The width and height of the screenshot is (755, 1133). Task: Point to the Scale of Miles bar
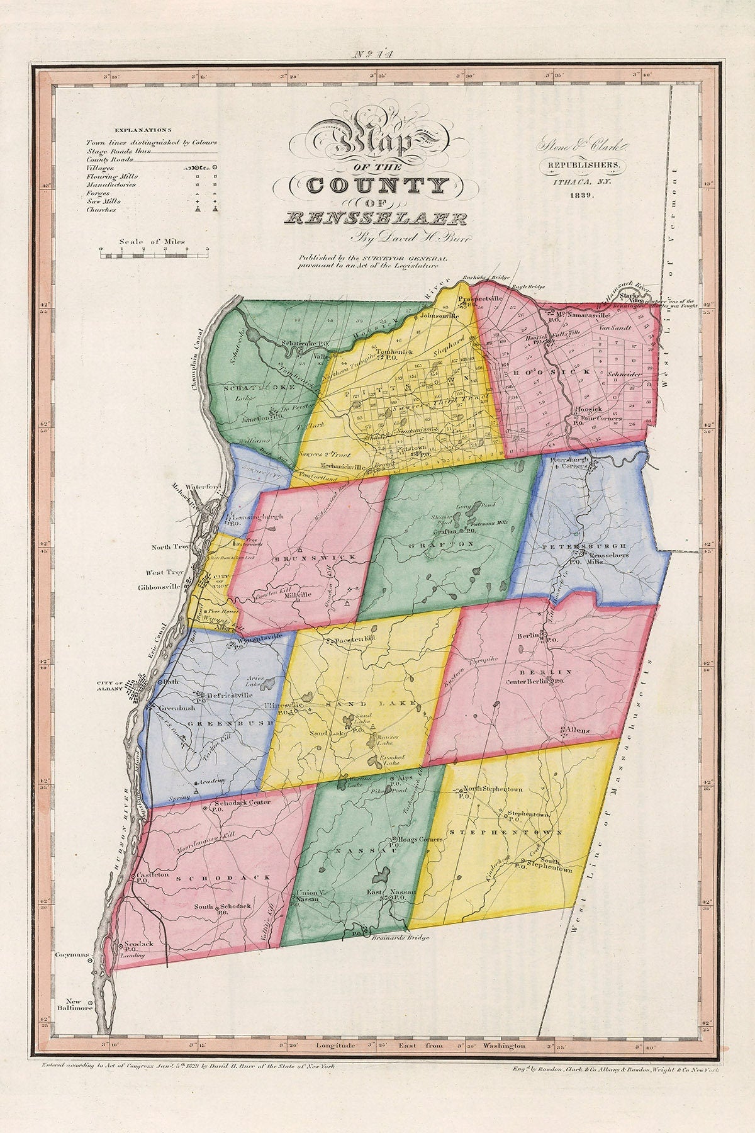pyautogui.click(x=154, y=255)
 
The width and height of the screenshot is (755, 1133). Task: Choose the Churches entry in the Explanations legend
pyautogui.click(x=102, y=210)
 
